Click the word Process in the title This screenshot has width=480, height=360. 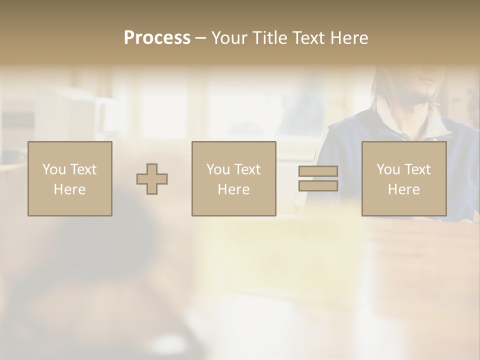click(157, 38)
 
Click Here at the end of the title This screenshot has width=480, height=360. click(350, 38)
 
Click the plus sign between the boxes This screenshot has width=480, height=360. click(152, 179)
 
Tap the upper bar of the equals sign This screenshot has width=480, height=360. click(318, 171)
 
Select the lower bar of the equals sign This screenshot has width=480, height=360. click(318, 185)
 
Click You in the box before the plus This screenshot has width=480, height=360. click(54, 169)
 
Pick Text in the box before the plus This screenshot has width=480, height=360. click(82, 169)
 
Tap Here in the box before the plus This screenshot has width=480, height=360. click(69, 189)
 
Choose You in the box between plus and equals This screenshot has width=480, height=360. click(218, 169)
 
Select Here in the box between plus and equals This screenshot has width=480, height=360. click(233, 189)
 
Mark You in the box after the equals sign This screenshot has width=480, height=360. click(388, 169)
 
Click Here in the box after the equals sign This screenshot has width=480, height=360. click(403, 189)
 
